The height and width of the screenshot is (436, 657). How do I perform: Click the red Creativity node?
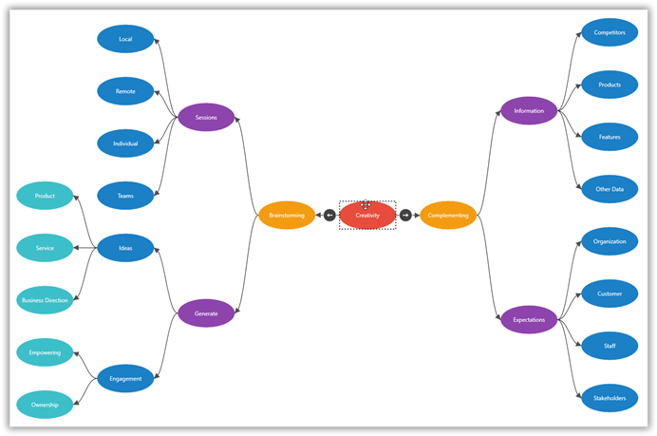tap(367, 216)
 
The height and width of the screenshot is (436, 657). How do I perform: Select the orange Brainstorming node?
tap(287, 216)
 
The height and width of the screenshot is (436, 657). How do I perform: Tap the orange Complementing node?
tap(448, 216)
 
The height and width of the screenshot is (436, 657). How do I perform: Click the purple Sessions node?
tap(206, 118)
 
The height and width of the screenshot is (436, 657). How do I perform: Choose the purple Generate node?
tap(206, 313)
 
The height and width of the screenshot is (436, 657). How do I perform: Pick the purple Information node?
tap(529, 111)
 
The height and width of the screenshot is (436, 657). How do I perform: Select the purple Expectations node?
tap(529, 320)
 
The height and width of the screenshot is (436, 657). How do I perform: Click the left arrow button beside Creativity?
tap(329, 216)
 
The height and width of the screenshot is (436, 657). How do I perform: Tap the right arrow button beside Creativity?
tap(405, 216)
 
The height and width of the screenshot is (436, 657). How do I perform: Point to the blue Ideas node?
tap(125, 248)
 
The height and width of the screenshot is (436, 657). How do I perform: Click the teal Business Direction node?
tap(45, 300)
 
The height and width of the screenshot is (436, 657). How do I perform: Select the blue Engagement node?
tap(125, 378)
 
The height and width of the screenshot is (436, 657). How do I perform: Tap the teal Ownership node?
tap(45, 405)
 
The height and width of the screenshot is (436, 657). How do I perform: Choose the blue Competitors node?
tap(610, 32)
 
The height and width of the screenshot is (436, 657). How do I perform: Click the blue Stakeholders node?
tap(610, 398)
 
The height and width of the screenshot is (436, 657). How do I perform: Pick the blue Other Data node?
tap(610, 189)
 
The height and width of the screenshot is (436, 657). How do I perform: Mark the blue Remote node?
tap(125, 91)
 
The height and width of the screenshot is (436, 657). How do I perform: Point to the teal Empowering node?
tap(45, 352)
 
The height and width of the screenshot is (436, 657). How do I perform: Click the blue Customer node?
tap(610, 294)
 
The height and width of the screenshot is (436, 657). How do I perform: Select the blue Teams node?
tap(125, 196)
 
